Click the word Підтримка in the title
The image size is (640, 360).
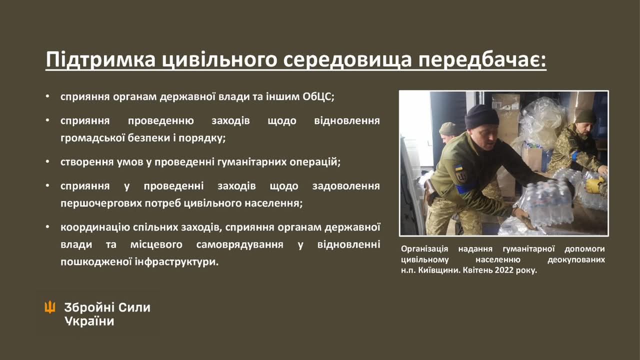[x=100, y=59]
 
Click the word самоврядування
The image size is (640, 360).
[x=239, y=245]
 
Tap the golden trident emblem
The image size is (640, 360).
[x=50, y=307]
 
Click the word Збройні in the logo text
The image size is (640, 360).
[x=89, y=307]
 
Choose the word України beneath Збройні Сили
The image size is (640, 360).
[x=89, y=321]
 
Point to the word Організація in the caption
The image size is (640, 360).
[x=424, y=249]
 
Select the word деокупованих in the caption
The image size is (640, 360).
[x=576, y=260]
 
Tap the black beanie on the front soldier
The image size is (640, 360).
[x=481, y=116]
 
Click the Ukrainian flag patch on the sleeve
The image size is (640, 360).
[x=459, y=167]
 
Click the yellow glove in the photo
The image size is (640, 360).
[x=594, y=185]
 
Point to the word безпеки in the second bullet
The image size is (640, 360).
[x=148, y=138]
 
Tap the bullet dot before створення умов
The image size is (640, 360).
[x=47, y=161]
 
